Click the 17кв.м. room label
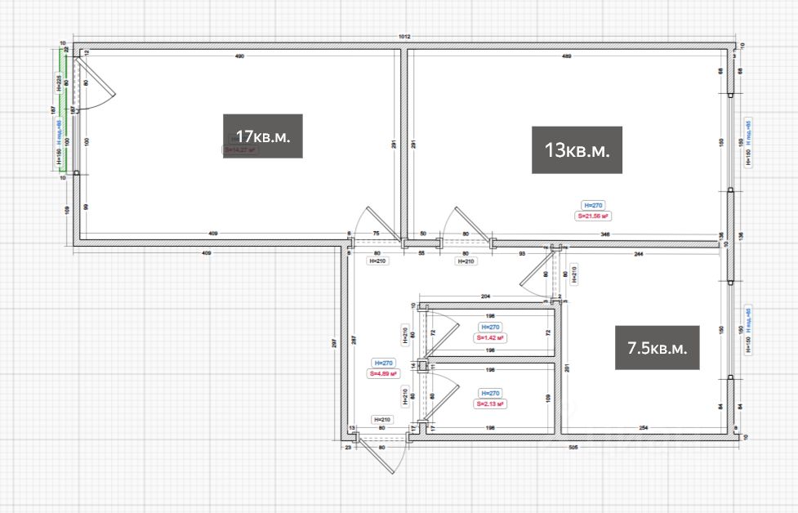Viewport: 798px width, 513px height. (263, 136)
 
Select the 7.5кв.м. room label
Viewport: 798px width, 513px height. (658, 348)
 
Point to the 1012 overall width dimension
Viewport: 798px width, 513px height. (403, 37)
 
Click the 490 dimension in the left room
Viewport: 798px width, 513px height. (240, 56)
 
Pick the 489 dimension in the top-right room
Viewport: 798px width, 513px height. (567, 56)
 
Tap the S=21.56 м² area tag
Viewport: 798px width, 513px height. (594, 216)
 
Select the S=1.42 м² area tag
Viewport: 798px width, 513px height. (492, 337)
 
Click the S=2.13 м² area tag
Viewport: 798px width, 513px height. (491, 404)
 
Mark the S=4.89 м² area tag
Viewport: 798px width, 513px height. (382, 373)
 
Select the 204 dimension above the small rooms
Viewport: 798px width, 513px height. (485, 296)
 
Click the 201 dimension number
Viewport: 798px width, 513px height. (565, 368)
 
